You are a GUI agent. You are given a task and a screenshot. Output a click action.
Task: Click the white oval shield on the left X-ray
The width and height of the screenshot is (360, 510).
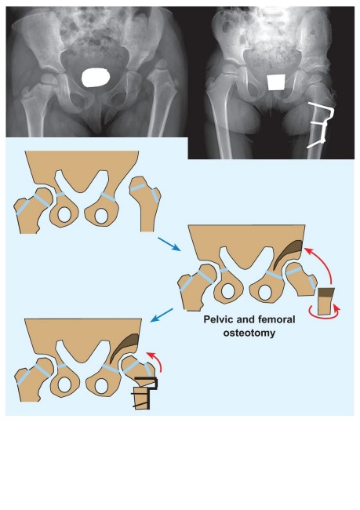click(x=95, y=78)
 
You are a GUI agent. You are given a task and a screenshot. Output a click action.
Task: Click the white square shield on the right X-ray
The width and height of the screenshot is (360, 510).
click(x=276, y=82)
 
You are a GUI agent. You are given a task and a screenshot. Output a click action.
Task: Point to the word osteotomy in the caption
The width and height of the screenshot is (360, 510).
click(x=249, y=333)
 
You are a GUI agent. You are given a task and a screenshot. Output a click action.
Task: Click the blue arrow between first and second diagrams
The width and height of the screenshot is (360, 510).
click(x=169, y=244)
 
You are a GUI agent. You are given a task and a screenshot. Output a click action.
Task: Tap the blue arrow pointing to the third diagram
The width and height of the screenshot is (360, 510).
click(x=162, y=315)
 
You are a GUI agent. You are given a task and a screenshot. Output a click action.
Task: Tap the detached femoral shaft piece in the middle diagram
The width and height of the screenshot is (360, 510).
click(x=325, y=301)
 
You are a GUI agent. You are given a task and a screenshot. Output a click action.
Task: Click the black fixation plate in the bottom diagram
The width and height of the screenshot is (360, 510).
click(x=145, y=392)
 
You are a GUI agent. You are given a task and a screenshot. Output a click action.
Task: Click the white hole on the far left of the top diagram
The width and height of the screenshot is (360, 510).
click(x=64, y=215)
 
